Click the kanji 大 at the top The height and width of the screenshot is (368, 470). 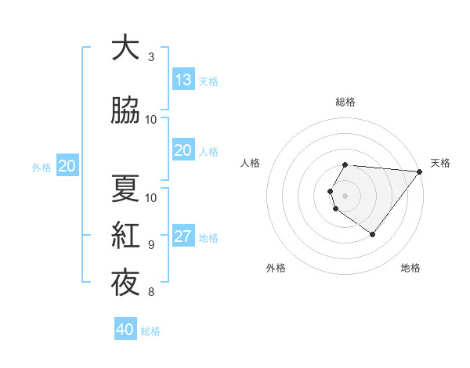click(x=125, y=49)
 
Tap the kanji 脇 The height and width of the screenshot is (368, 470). click(x=125, y=110)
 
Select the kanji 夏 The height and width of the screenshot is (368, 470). click(x=125, y=189)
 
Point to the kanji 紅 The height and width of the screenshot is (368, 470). click(x=125, y=235)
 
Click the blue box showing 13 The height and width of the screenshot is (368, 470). click(x=183, y=80)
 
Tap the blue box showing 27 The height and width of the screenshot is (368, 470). click(x=183, y=237)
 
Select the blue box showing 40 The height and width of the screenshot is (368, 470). click(x=125, y=330)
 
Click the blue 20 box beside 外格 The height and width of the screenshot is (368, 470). click(x=67, y=166)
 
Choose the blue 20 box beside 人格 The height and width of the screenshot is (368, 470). click(x=183, y=150)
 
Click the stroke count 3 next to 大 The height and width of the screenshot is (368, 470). click(x=151, y=57)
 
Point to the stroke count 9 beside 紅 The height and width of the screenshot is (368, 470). click(x=151, y=245)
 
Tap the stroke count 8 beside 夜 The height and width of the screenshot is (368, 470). click(x=151, y=292)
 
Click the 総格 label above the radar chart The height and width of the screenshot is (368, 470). click(x=345, y=102)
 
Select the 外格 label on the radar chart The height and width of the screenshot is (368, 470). click(x=276, y=268)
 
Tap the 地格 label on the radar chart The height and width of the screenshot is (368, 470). click(x=410, y=268)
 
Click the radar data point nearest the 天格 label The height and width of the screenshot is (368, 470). click(x=420, y=171)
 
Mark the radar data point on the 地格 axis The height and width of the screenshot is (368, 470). click(x=373, y=234)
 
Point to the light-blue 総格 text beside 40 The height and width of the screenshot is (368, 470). click(x=150, y=331)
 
